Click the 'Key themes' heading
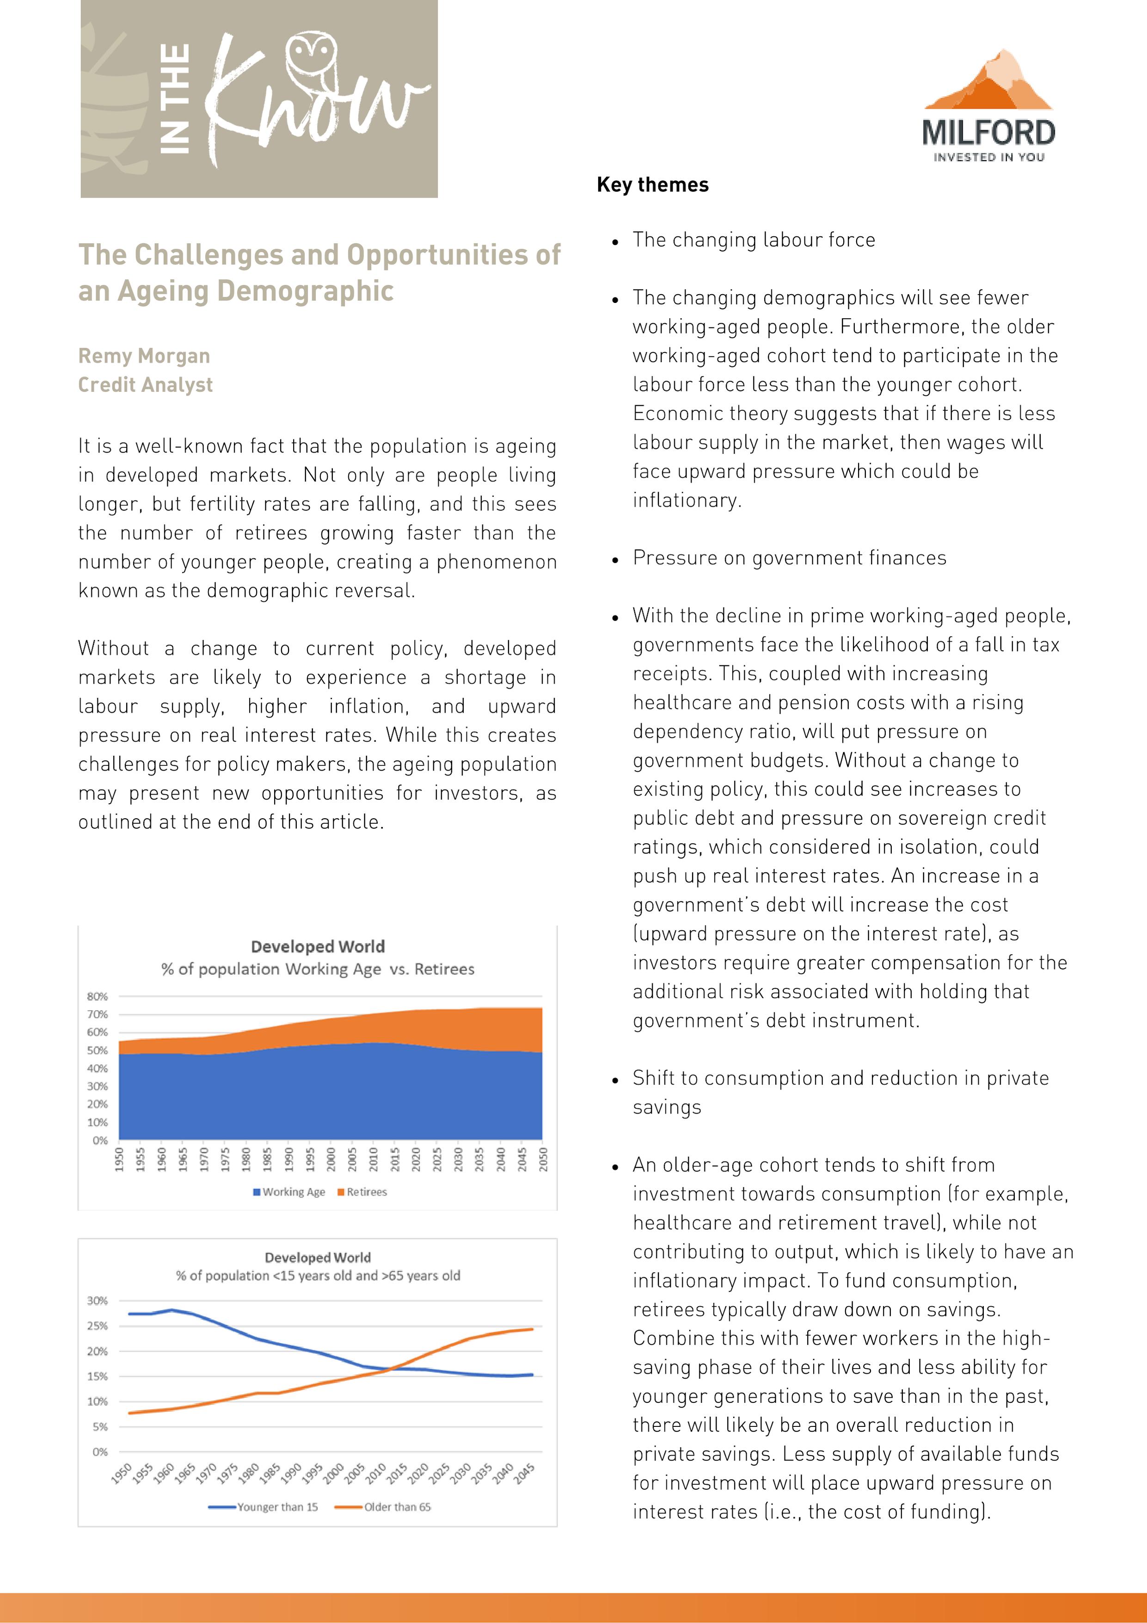click(x=652, y=185)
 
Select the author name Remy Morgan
click(x=144, y=356)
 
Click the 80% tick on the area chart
click(x=98, y=997)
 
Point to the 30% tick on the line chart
click(x=98, y=1301)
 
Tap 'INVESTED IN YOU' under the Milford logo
click(x=989, y=157)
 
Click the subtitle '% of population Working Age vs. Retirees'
click(x=317, y=969)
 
